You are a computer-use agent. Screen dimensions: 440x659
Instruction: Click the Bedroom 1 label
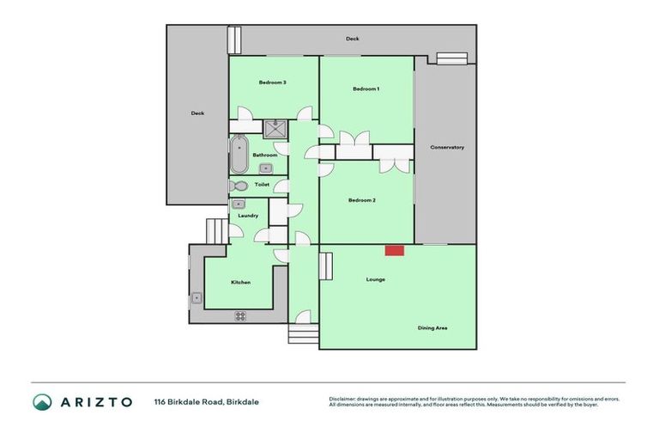coord(366,89)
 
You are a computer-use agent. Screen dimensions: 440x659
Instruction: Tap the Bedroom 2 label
coord(361,200)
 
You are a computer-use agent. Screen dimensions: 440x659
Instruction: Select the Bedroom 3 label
coord(272,82)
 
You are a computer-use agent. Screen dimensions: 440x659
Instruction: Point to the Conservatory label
coord(447,147)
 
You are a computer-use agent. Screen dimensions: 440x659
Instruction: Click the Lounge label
coord(375,279)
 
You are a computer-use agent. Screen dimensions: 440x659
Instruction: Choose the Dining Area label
coord(432,327)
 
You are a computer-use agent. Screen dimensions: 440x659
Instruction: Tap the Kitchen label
coord(240,282)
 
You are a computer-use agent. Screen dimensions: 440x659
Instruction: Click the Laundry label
coord(248,216)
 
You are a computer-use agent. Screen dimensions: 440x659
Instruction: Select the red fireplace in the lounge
coord(394,250)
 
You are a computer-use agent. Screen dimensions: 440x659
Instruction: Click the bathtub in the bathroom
coord(238,155)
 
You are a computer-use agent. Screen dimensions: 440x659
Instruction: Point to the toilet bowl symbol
coord(239,186)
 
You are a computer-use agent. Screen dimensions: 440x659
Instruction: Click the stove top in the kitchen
coord(240,315)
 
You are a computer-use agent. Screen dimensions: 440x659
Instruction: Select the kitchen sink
coord(197,298)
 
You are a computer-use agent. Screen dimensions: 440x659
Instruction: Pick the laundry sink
coord(239,205)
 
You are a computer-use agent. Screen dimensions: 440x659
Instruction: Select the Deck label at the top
coord(352,40)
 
